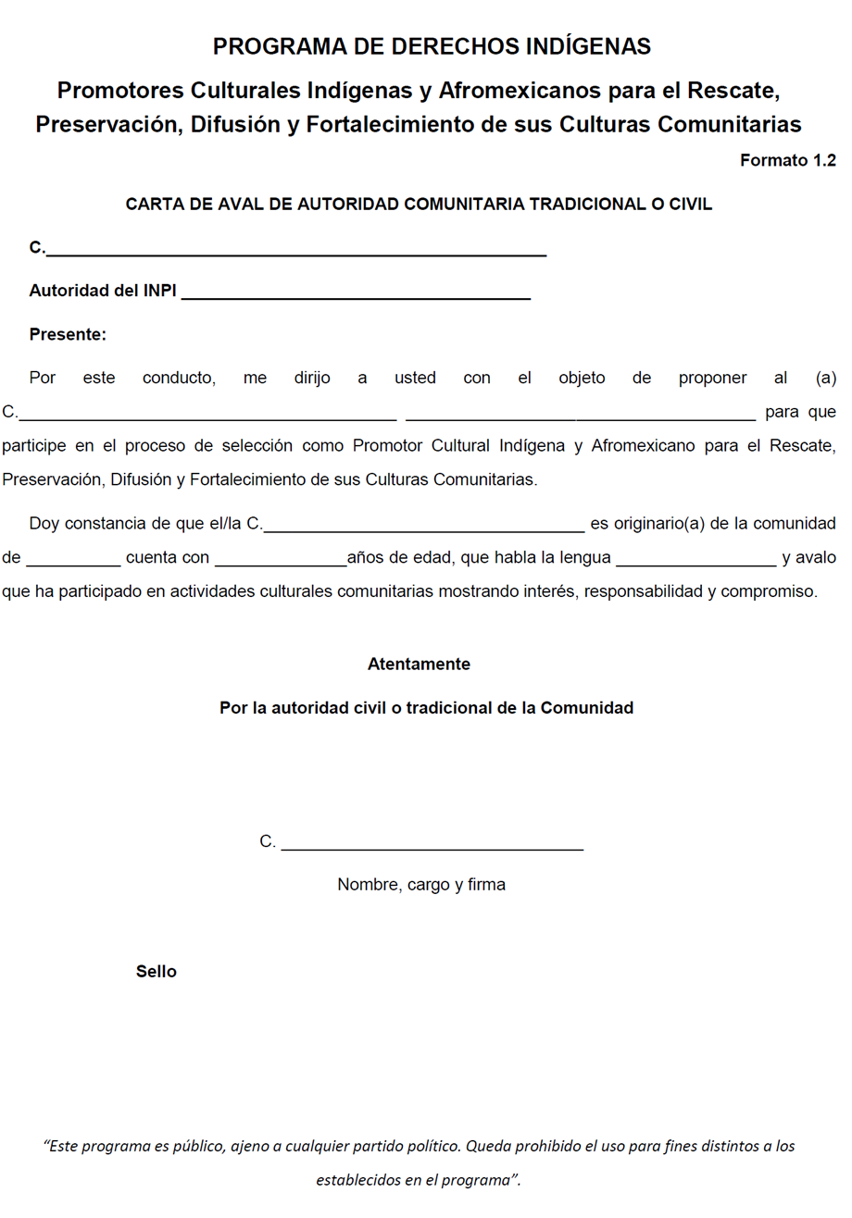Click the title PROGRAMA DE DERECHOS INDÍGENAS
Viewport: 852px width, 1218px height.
coord(432,46)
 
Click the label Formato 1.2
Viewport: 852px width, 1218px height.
coord(788,160)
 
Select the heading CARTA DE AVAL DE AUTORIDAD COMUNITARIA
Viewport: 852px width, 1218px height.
coord(419,205)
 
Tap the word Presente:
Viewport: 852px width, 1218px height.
coord(68,334)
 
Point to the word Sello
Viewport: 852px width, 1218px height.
coord(156,972)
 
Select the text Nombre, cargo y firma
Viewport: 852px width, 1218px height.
coord(421,885)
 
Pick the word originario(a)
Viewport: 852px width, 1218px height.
coord(645,524)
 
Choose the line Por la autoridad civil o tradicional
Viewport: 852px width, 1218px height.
coord(426,708)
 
